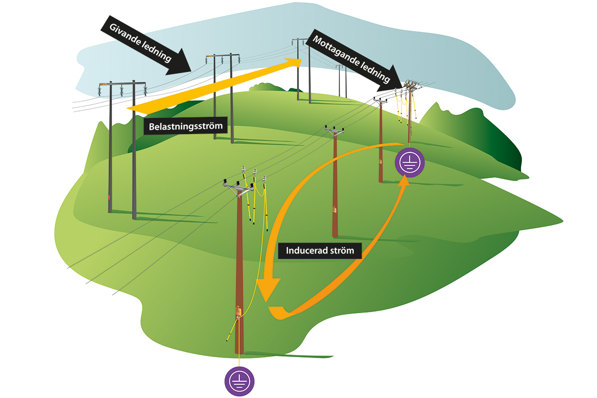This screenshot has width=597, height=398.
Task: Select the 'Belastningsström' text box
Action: pyautogui.click(x=186, y=126)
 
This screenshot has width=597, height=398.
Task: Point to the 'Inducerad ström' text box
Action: pyautogui.click(x=320, y=251)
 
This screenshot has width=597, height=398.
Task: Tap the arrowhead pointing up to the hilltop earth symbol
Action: pyautogui.click(x=404, y=181)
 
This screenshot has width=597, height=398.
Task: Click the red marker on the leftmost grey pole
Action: pyautogui.click(x=110, y=197)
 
